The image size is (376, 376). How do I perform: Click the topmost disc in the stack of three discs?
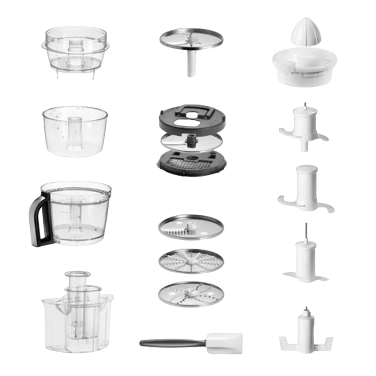[x=190, y=227]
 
